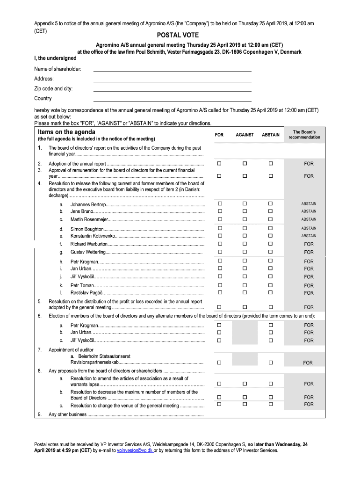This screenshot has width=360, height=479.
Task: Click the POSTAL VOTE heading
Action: [178, 35]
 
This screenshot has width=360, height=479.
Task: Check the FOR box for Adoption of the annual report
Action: [219, 164]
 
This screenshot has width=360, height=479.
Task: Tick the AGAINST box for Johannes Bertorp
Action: [244, 204]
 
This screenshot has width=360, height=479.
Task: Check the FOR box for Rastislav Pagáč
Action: [219, 292]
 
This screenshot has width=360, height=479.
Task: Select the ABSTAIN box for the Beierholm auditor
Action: [270, 363]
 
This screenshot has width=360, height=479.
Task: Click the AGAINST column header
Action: [245, 135]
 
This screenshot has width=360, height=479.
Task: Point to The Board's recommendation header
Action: [304, 135]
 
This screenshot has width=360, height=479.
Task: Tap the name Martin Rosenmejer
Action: [89, 219]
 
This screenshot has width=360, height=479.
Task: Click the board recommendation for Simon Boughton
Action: [309, 228]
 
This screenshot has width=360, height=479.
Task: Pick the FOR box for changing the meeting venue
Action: [219, 404]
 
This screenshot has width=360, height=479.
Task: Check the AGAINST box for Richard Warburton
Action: [244, 244]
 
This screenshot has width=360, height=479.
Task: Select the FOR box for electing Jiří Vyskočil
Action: [219, 340]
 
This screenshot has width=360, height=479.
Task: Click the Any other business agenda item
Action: [68, 414]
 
